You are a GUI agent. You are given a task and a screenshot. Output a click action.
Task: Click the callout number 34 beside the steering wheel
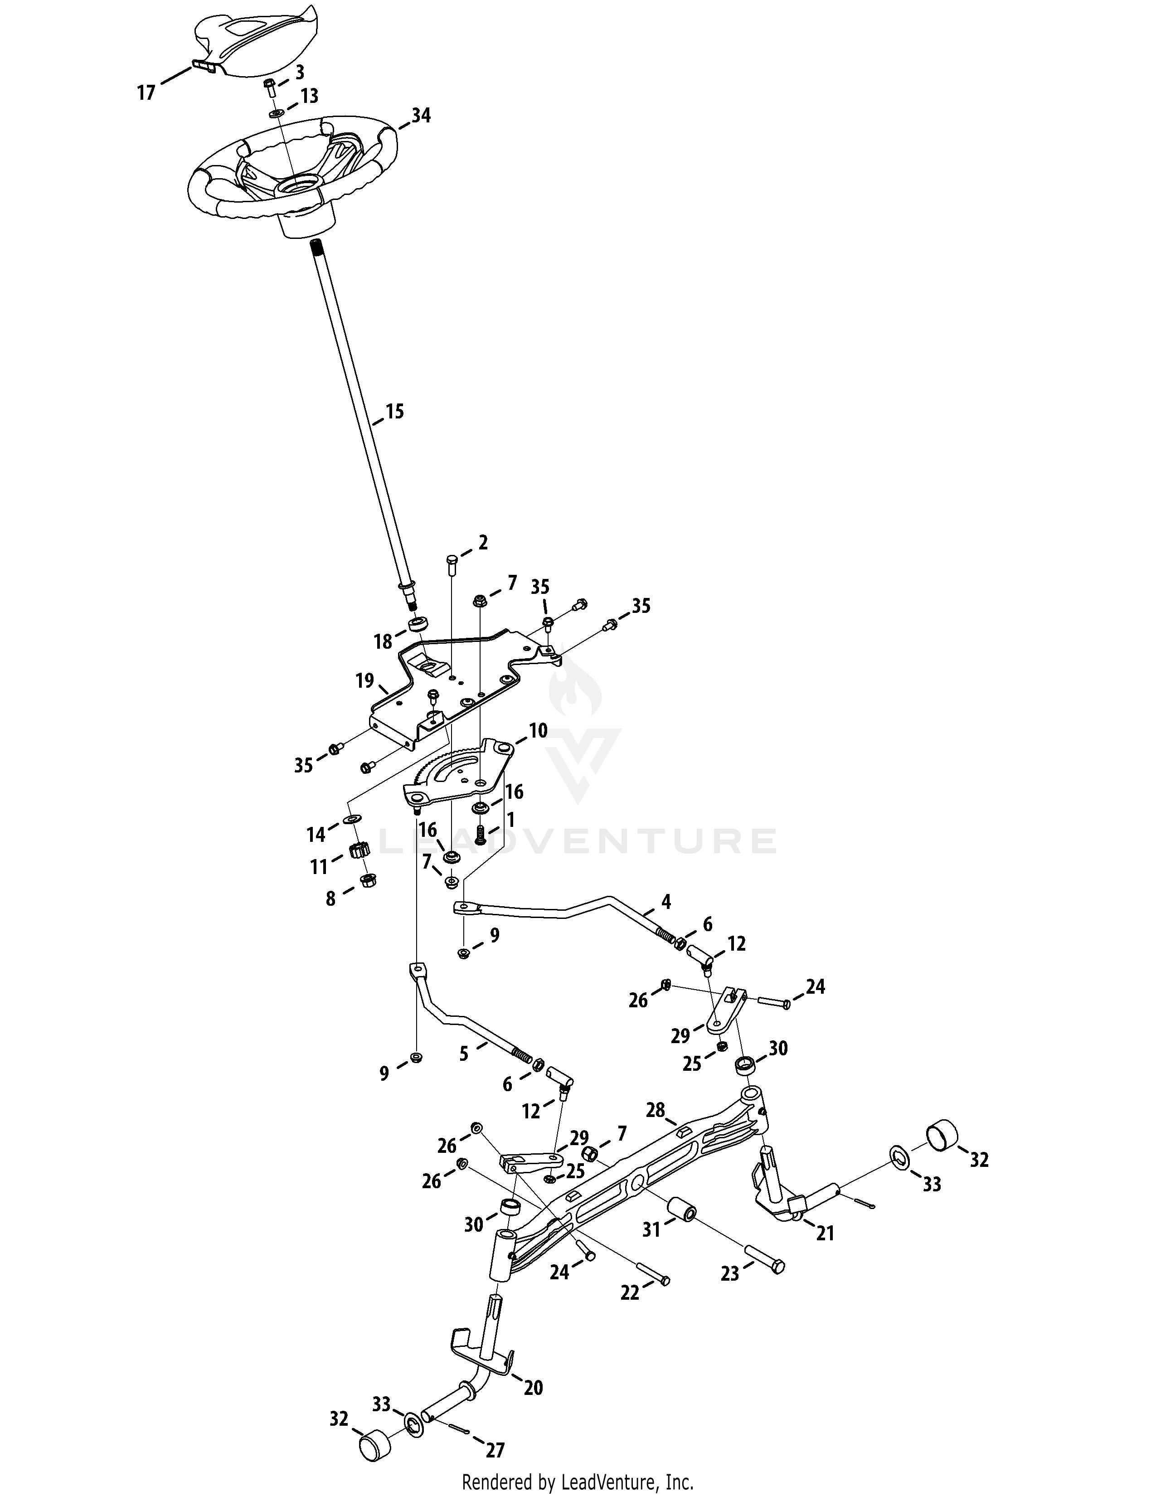[421, 115]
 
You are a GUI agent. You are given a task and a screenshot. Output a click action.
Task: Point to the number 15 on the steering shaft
[394, 411]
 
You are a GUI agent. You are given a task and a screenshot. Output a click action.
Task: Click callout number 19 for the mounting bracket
[364, 680]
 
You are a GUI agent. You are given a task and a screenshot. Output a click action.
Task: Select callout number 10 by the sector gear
[538, 731]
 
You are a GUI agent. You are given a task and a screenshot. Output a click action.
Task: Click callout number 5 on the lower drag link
[464, 1054]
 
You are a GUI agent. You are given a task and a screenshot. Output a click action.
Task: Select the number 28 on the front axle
[656, 1109]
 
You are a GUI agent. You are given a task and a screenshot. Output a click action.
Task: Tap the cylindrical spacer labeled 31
[682, 1208]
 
